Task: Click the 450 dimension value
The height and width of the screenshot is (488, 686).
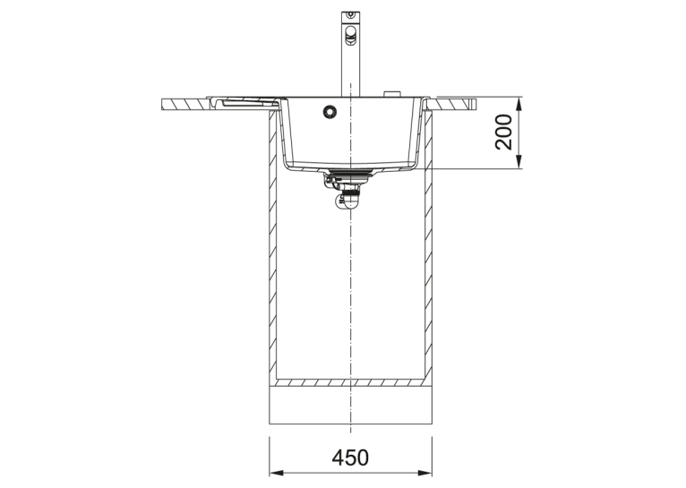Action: [x=350, y=458]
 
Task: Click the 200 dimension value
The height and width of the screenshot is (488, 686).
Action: [x=503, y=132]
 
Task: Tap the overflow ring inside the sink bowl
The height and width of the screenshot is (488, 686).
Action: [x=330, y=112]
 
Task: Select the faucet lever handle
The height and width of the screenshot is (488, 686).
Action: [x=351, y=35]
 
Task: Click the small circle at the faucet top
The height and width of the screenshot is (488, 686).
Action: [x=350, y=15]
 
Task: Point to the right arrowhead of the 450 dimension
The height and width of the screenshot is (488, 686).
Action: [x=424, y=473]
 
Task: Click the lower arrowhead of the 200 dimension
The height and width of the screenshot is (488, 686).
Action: [x=519, y=160]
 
